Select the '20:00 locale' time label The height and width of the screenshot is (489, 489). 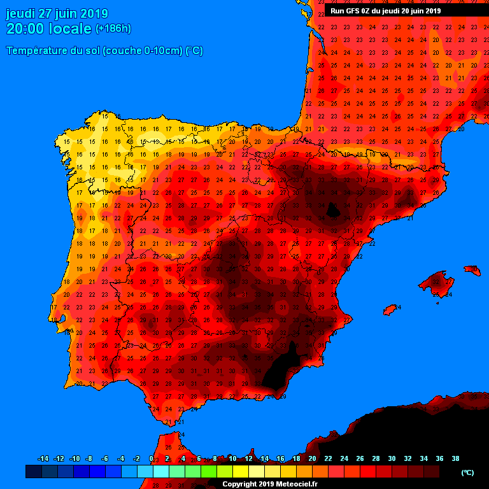(x=49, y=29)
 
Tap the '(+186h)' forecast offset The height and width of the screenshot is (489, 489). (x=113, y=29)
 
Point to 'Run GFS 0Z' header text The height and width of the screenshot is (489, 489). (x=351, y=11)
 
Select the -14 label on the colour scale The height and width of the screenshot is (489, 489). (x=43, y=458)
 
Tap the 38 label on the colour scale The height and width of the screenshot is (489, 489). (x=455, y=458)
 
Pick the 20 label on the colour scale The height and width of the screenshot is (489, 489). (x=312, y=458)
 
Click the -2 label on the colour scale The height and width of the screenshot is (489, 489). (x=136, y=458)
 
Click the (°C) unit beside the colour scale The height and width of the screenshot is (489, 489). (x=467, y=472)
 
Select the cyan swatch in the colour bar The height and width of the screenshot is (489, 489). (x=161, y=472)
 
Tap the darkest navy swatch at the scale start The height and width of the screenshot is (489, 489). (x=34, y=472)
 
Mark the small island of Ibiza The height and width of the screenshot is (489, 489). (x=390, y=309)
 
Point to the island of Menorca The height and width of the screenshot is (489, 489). (x=472, y=271)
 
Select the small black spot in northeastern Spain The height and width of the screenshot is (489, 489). (x=332, y=210)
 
